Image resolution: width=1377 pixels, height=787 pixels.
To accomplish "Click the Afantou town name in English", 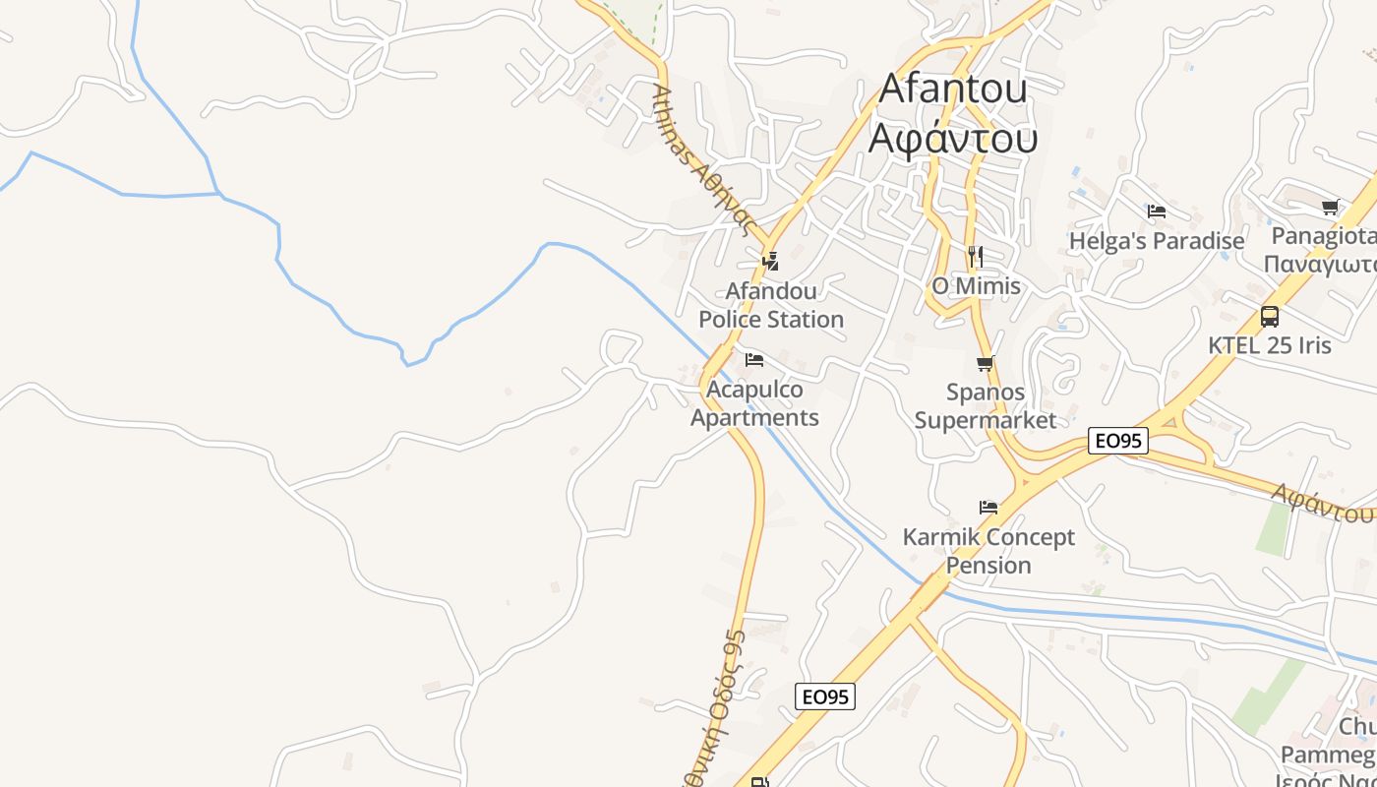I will [952, 88].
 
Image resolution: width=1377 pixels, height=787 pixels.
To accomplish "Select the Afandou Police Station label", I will [771, 305].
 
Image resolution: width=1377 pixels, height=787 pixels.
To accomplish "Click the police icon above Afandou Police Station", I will [771, 261].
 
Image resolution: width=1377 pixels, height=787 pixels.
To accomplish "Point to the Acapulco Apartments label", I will [754, 403].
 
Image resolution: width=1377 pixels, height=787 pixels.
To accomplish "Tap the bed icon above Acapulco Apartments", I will [754, 360].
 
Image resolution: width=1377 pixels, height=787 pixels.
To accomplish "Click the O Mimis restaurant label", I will [976, 285].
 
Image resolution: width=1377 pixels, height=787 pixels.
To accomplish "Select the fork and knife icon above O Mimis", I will [975, 257].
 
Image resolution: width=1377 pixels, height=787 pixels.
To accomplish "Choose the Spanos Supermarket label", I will [986, 405].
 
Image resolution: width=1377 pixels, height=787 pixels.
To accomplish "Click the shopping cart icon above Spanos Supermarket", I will [986, 364].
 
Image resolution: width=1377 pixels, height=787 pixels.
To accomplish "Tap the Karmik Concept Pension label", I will [988, 551].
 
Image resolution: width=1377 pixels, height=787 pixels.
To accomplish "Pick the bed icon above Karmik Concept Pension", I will [988, 508].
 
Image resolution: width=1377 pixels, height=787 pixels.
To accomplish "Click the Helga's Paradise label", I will [1157, 241].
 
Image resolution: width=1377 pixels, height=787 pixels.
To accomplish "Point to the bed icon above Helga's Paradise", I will [1157, 212].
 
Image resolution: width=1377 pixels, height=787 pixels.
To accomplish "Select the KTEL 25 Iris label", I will [1270, 345].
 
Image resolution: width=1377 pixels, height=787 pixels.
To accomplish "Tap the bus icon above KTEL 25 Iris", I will [1270, 317].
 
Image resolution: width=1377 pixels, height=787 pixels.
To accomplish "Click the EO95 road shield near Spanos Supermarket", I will [1119, 441].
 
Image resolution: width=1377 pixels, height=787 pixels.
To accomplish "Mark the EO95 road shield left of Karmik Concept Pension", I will [825, 696].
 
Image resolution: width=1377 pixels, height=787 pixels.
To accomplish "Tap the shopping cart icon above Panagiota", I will [1331, 207].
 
